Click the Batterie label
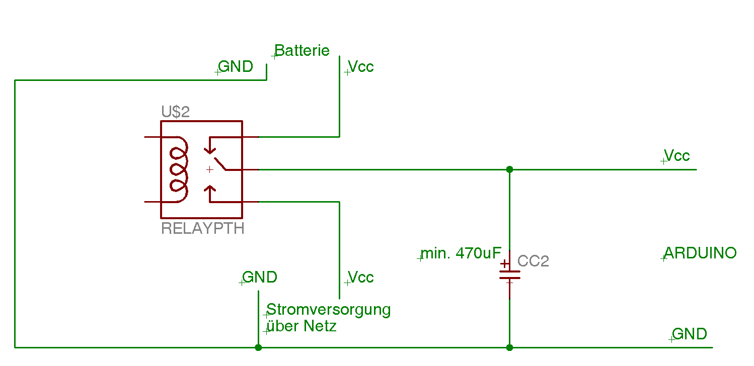tap(302, 51)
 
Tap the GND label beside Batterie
tap(236, 67)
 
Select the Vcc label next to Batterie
tap(361, 67)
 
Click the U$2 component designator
tap(175, 112)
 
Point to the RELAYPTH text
tap(202, 229)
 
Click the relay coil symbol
tap(179, 169)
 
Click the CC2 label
tap(533, 261)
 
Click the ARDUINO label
tap(700, 253)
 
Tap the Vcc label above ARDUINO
tap(676, 155)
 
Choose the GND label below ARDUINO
tap(690, 334)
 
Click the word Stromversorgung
tap(329, 309)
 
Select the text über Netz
tap(301, 326)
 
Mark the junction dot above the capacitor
tap(509, 169)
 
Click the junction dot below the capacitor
tap(509, 347)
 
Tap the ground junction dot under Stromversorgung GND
tap(258, 347)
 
